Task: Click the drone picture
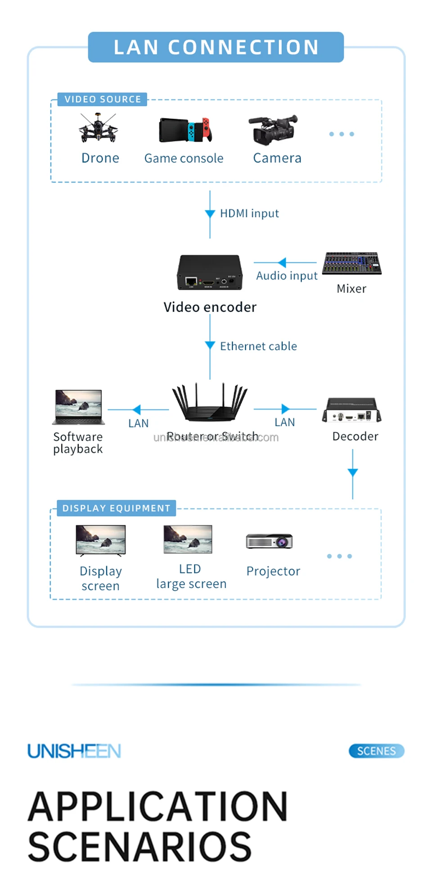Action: point(98,128)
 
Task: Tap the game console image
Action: point(185,130)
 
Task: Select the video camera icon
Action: point(273,130)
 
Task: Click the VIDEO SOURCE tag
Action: point(103,99)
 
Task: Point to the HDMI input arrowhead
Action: point(210,214)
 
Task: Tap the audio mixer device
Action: point(351,263)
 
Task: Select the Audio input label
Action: point(287,275)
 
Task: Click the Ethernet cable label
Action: point(258,346)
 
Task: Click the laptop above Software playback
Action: point(79,407)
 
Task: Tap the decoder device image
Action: point(351,410)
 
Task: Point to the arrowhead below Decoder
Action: point(353,472)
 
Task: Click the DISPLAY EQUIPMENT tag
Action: point(116,508)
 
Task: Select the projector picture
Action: point(270,541)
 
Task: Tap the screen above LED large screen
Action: point(188,539)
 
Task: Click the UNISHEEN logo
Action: point(74,751)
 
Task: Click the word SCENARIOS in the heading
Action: point(139,847)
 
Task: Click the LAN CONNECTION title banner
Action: point(216,47)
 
